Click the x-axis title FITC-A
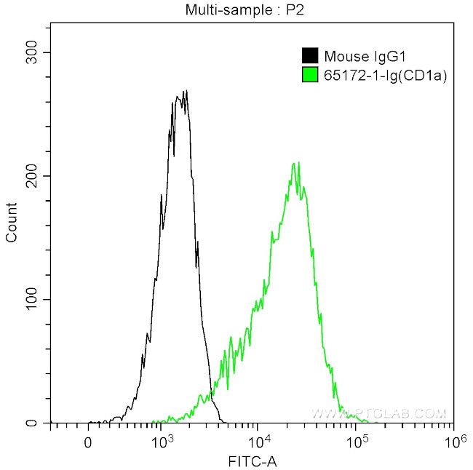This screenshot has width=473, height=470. point(251,461)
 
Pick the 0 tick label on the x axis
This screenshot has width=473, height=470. point(88,441)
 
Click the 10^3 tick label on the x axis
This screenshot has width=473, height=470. point(161,441)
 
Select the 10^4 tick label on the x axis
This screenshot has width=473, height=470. point(259,441)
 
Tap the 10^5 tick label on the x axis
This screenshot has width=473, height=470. point(357,441)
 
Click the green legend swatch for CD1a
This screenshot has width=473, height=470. point(309,74)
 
